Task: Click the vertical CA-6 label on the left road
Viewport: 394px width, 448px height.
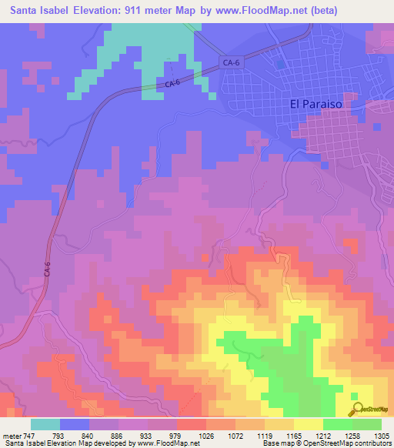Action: point(47,269)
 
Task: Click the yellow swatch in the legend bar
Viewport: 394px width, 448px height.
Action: point(309,424)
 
